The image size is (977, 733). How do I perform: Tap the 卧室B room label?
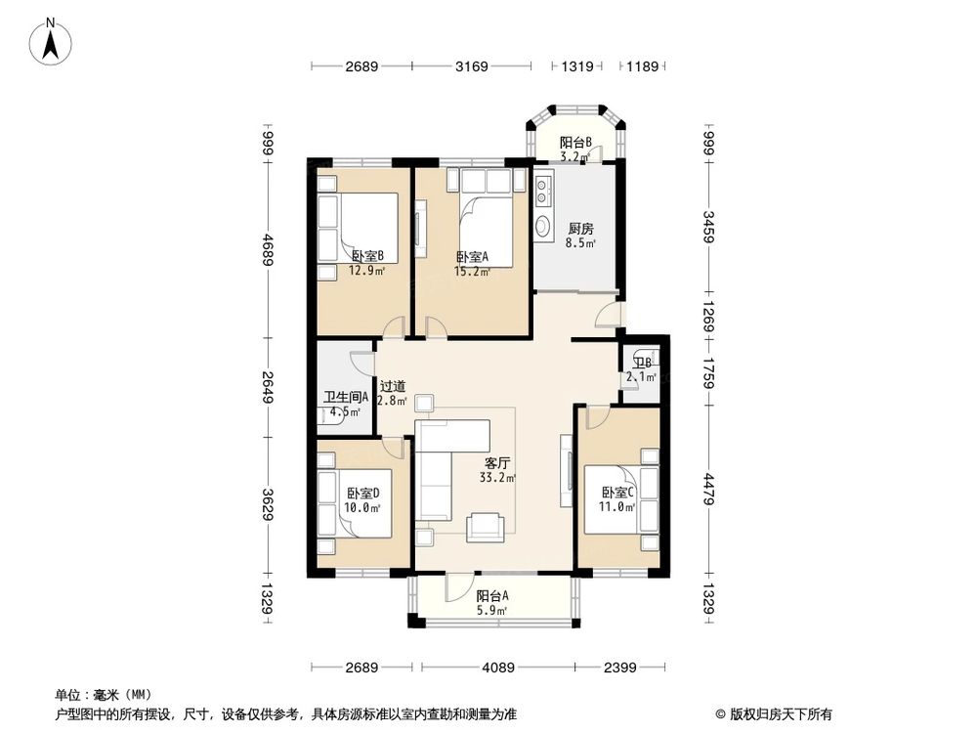367,263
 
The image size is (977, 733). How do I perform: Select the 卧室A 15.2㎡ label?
472,264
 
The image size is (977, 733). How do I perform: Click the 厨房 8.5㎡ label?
580,236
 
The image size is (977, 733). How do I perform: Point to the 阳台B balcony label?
575,149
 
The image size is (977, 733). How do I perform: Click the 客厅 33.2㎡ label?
497,470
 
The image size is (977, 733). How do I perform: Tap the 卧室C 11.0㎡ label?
617,499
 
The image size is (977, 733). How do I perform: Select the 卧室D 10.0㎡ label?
362,499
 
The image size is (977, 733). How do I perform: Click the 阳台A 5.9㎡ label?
491,603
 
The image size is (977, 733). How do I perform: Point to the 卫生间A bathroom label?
345,404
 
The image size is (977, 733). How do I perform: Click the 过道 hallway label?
392,393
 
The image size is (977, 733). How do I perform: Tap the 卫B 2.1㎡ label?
641,369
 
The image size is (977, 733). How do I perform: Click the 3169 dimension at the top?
471,66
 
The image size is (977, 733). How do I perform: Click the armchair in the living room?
486,527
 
